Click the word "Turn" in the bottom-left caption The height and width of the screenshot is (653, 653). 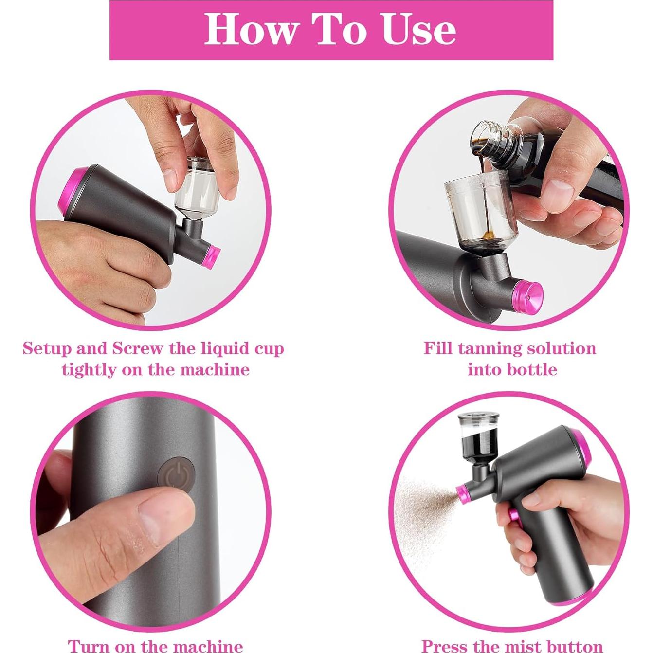89,646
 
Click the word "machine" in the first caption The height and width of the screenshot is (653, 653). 215,369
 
